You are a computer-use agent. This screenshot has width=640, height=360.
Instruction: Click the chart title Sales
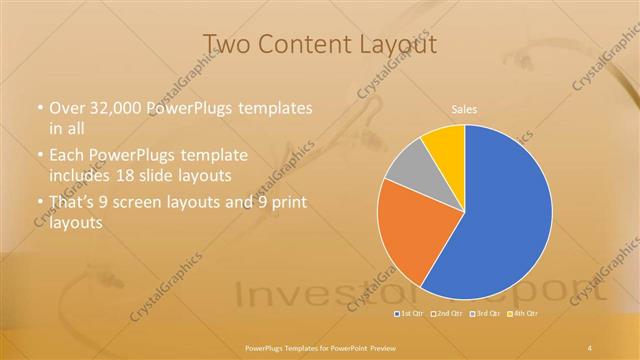coord(464,108)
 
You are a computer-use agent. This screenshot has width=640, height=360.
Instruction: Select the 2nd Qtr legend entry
coord(446,314)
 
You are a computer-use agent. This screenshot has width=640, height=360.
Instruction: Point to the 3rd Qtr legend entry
coord(485,314)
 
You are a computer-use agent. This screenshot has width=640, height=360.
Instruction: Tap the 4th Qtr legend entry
coord(524,314)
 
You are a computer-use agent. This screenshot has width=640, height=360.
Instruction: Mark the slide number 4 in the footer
coord(590,347)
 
